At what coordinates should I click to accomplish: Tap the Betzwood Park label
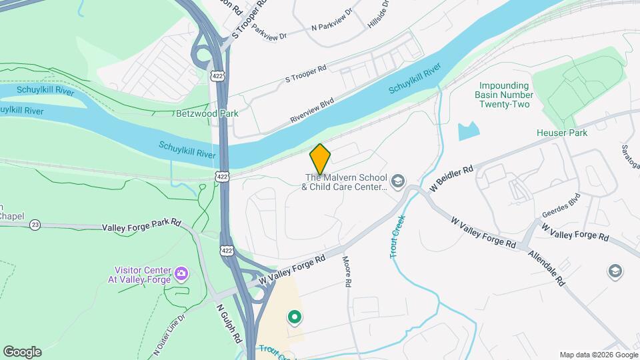207,113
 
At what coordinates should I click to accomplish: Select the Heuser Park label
561,133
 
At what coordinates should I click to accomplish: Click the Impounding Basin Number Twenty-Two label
504,95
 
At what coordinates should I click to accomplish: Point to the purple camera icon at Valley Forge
181,273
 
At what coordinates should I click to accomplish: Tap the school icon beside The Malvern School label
398,181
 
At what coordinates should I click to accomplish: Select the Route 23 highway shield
35,225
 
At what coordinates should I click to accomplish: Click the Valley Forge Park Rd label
141,227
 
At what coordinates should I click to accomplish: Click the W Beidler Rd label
451,178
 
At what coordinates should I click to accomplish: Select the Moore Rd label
347,271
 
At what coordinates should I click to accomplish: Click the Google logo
22,352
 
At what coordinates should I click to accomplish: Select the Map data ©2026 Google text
598,355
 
